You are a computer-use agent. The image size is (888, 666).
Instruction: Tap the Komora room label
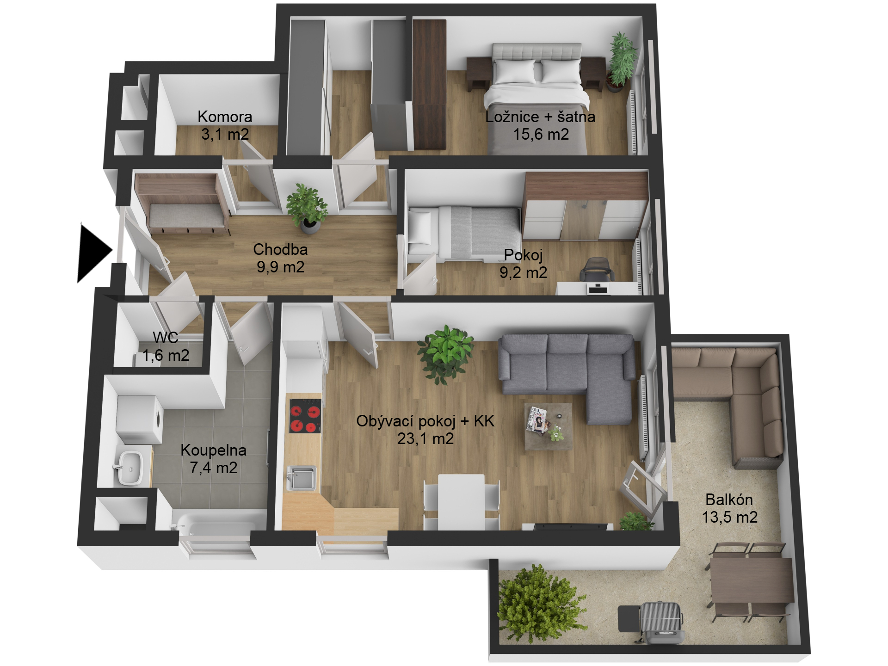tap(225, 117)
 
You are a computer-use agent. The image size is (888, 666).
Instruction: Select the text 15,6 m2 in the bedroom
tap(541, 134)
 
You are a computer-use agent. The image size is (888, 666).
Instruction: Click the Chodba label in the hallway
tap(280, 249)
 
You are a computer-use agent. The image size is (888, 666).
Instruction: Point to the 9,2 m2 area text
tap(523, 272)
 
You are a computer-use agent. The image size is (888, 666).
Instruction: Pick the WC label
tap(166, 338)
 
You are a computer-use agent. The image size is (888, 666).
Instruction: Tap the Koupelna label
tap(213, 450)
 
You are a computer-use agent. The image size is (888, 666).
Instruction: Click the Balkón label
tap(729, 499)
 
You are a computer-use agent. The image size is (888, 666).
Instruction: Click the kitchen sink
tap(302, 478)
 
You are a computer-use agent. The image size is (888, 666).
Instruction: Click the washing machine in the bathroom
tap(140, 419)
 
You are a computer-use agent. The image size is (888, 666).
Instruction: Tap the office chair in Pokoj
tap(598, 270)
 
